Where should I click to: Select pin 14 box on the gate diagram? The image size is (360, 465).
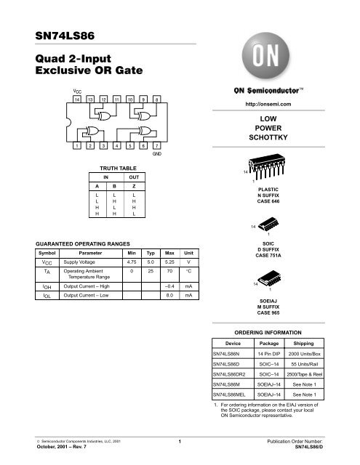[78, 98]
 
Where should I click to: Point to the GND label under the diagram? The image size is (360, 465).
[156, 155]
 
